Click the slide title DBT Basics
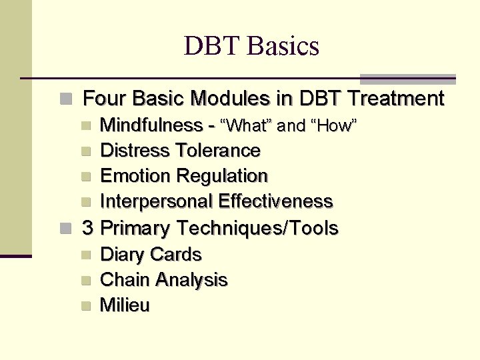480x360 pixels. tap(251, 46)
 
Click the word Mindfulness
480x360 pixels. tap(151, 125)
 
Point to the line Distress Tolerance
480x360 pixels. tap(180, 151)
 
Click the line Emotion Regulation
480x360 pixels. tap(183, 176)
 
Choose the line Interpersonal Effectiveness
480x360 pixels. tap(216, 201)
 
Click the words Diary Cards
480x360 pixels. tap(150, 255)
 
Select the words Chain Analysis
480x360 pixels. tap(163, 280)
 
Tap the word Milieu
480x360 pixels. tap(125, 305)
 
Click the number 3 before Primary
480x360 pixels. tap(87, 229)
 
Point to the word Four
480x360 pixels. tap(105, 99)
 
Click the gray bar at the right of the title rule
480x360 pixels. tap(407, 79)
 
